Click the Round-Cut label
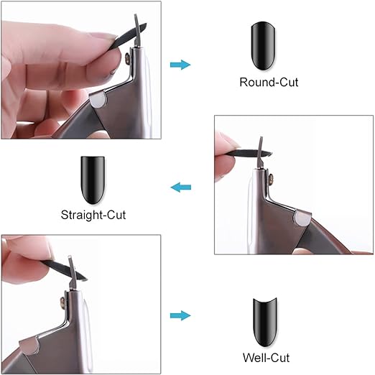(x=268, y=82)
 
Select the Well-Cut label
(x=267, y=357)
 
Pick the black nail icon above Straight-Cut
(x=95, y=176)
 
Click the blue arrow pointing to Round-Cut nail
(x=180, y=65)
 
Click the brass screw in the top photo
(x=129, y=57)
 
